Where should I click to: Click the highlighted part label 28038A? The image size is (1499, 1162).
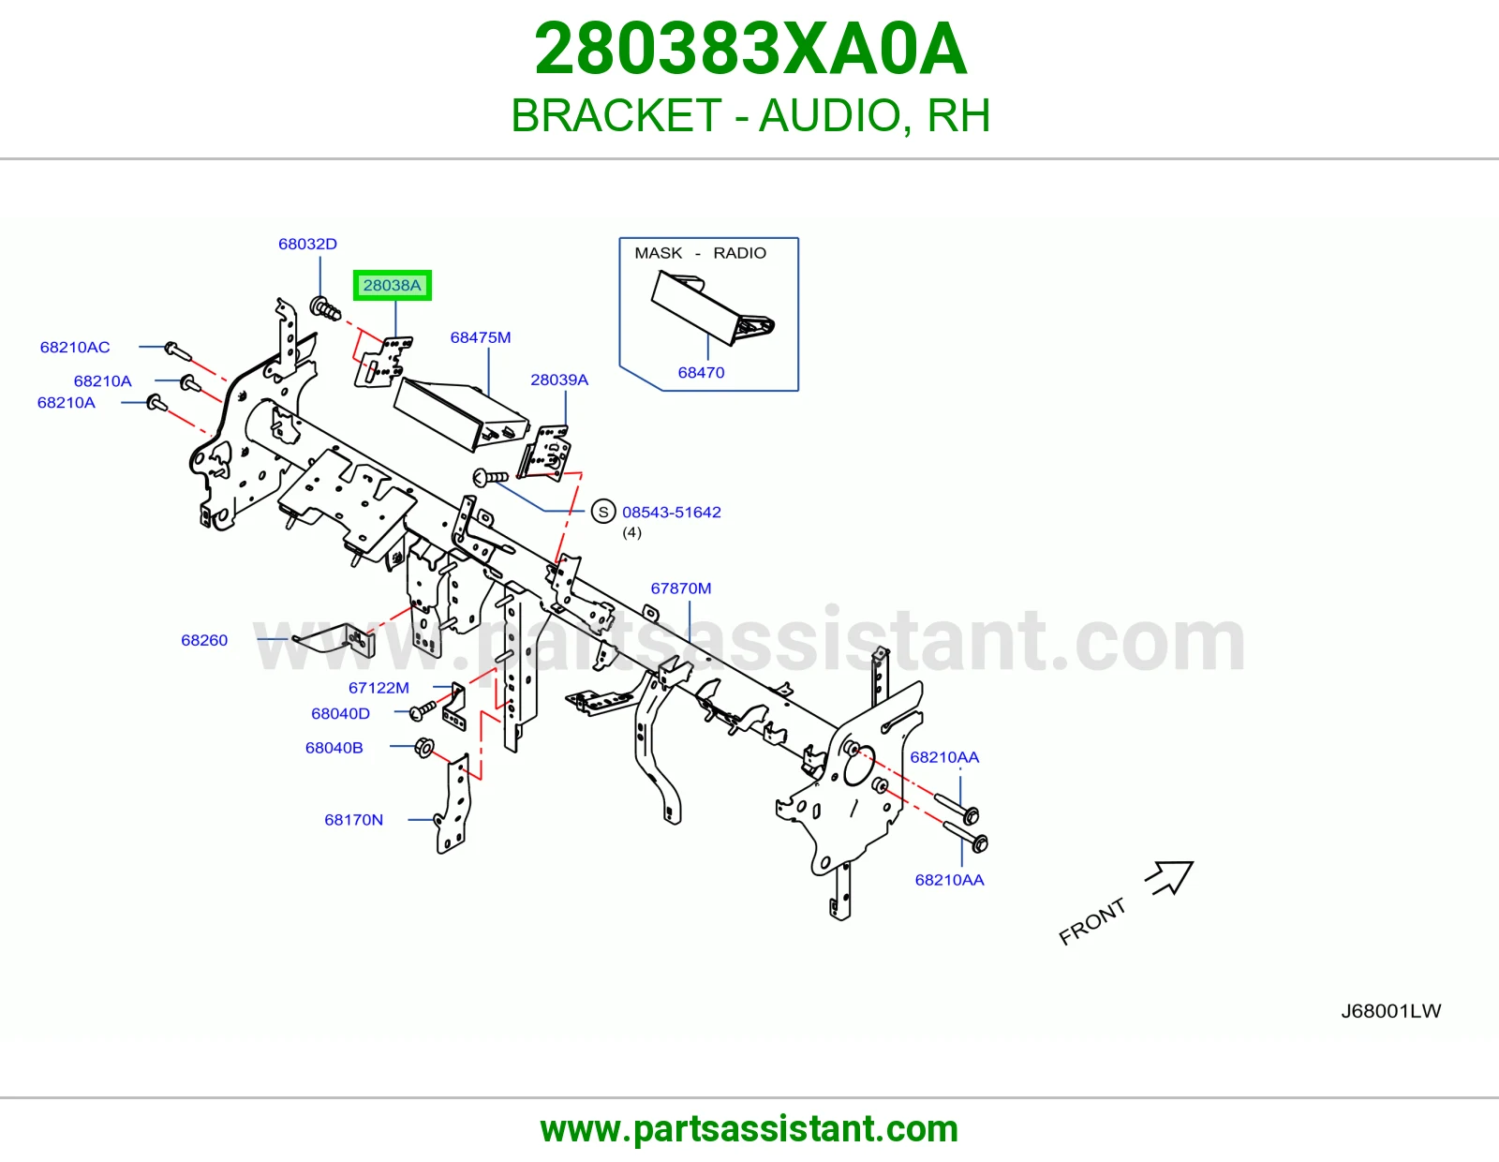[392, 285]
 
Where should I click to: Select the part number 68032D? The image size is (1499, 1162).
[307, 244]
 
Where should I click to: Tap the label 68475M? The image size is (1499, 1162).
[480, 337]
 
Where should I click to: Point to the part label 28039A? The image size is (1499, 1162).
[558, 380]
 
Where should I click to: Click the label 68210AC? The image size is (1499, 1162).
[75, 347]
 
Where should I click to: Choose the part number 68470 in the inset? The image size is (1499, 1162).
[701, 373]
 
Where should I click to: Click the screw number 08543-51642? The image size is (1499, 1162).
[671, 512]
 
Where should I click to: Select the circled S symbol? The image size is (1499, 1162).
[603, 512]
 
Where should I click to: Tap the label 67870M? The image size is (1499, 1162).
[681, 588]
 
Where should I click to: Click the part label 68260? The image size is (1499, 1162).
[204, 640]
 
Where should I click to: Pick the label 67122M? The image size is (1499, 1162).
[378, 687]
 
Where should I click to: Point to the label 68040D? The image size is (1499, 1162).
[340, 713]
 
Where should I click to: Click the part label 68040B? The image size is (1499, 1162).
[334, 747]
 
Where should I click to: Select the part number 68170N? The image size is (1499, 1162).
[353, 820]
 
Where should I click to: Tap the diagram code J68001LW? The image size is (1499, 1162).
[1390, 1011]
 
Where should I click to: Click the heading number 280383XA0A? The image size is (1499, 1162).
[750, 49]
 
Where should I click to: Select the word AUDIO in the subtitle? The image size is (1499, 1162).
[830, 115]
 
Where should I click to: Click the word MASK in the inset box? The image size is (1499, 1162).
[658, 253]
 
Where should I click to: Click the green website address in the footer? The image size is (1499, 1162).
[749, 1129]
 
